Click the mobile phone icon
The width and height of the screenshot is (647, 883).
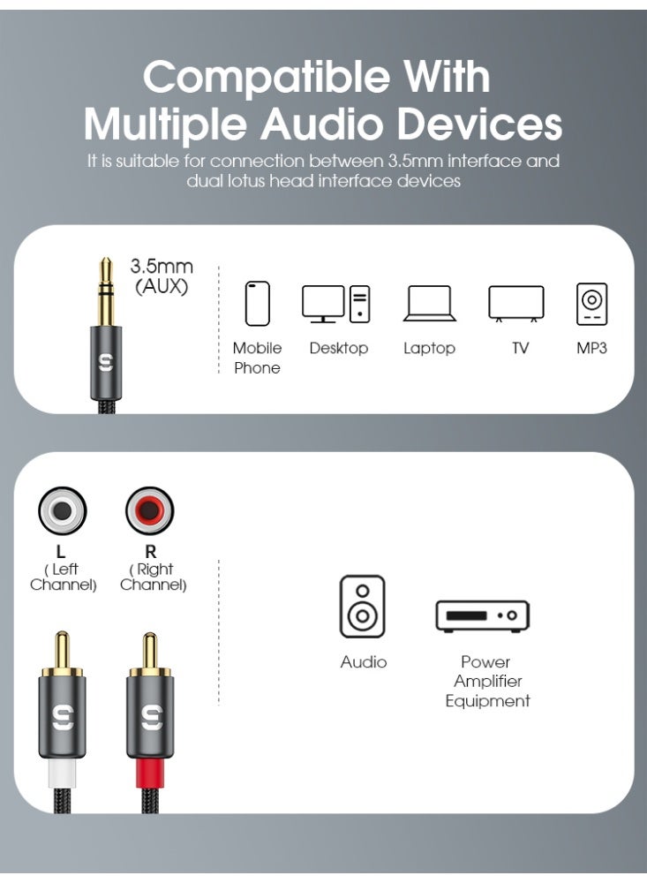tap(257, 304)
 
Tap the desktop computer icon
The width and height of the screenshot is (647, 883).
tap(336, 304)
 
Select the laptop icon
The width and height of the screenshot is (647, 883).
tap(430, 304)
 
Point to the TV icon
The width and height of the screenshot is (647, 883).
tap(516, 304)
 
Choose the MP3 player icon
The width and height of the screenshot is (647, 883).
tap(591, 304)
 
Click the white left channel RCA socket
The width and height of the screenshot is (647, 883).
tap(62, 511)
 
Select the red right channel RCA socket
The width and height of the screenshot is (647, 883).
tap(150, 511)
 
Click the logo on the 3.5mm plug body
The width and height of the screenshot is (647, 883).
tap(106, 363)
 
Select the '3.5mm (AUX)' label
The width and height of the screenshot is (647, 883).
tap(162, 275)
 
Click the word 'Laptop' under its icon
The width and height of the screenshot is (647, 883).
tap(430, 349)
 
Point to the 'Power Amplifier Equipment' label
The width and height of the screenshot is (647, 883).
tap(487, 682)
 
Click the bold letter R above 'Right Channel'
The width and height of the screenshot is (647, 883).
tap(151, 553)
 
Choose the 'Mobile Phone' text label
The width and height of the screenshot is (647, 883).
tap(257, 358)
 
